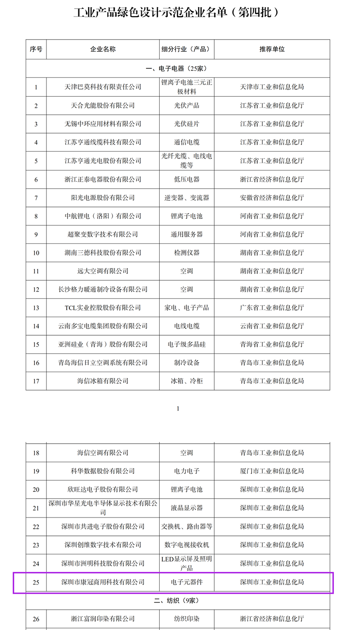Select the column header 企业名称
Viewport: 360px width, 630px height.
(103, 49)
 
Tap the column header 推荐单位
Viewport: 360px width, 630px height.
(272, 49)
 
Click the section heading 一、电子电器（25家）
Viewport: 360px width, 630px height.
(177, 68)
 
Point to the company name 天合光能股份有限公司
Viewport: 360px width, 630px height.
(103, 105)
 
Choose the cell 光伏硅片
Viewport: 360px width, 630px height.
(187, 124)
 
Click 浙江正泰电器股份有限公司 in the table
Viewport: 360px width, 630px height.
(103, 179)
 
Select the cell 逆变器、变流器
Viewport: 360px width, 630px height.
(187, 198)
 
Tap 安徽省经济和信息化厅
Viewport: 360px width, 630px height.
(272, 198)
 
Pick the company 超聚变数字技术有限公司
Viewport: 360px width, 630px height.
(103, 234)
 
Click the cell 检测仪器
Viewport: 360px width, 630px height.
(187, 252)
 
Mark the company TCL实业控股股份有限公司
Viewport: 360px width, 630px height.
(103, 308)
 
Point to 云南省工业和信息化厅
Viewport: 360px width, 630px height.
(272, 326)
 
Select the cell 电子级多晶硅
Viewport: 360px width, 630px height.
(187, 344)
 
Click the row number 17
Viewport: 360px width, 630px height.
(36, 381)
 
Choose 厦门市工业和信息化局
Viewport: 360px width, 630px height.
(272, 471)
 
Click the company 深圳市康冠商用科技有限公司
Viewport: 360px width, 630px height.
(103, 582)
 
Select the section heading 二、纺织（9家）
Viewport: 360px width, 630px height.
(177, 600)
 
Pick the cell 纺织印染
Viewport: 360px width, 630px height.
(187, 619)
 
